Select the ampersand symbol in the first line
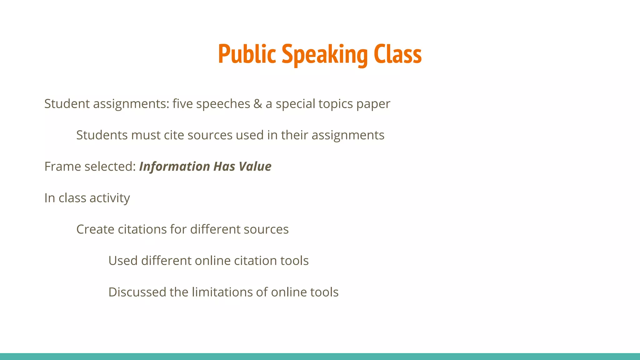point(258,104)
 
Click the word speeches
point(223,104)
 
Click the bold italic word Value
point(255,166)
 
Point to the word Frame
point(62,167)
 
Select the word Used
point(123,261)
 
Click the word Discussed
point(137,292)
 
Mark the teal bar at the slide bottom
point(320,357)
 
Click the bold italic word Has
point(224,166)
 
